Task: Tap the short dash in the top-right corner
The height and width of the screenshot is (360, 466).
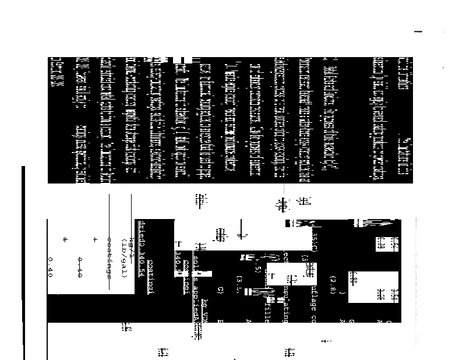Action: tap(417, 32)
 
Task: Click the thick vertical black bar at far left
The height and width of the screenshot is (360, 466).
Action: tap(23, 262)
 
